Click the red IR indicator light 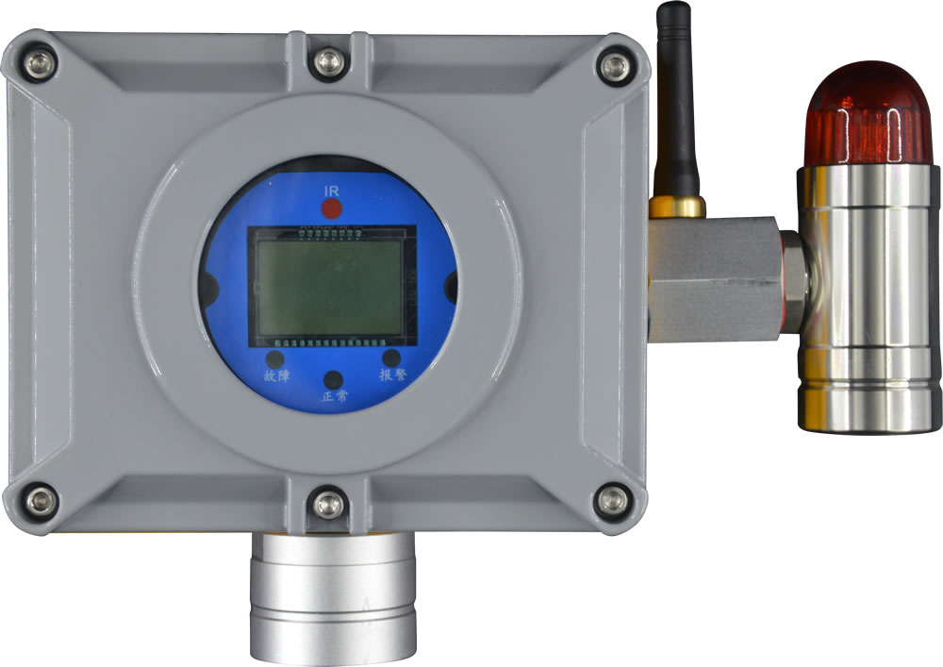pyautogui.click(x=331, y=208)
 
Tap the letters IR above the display pyautogui.click(x=331, y=192)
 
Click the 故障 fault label pyautogui.click(x=277, y=375)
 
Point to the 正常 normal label pyautogui.click(x=335, y=397)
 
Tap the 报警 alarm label pyautogui.click(x=392, y=375)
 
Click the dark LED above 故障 pyautogui.click(x=274, y=359)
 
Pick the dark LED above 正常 pyautogui.click(x=333, y=380)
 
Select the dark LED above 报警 pyautogui.click(x=391, y=358)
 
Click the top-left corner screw pyautogui.click(x=40, y=64)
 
